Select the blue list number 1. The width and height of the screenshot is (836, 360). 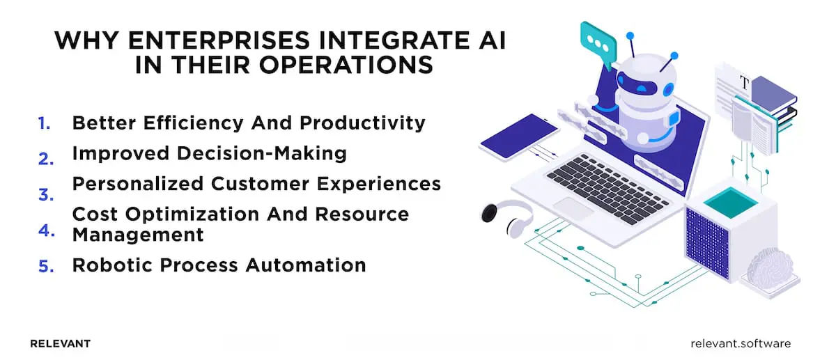tap(45, 123)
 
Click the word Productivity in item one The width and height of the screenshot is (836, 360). tap(362, 123)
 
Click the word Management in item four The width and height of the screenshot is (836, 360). tap(138, 235)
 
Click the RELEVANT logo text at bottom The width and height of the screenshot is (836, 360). tap(61, 343)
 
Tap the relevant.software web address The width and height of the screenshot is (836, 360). tap(741, 343)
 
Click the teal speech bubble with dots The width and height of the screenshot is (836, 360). tap(598, 40)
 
